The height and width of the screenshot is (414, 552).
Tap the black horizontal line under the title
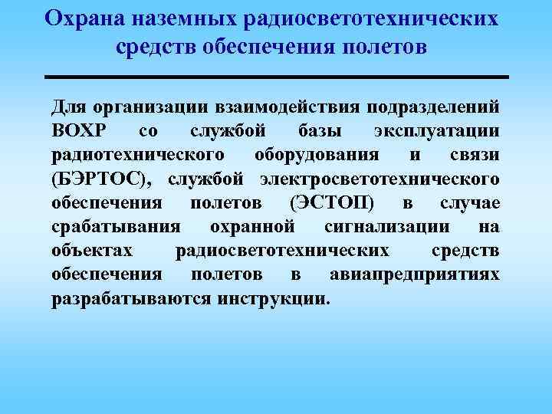[277, 77]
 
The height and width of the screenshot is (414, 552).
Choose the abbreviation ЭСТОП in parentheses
[332, 202]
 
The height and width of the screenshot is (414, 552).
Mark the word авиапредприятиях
[414, 275]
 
